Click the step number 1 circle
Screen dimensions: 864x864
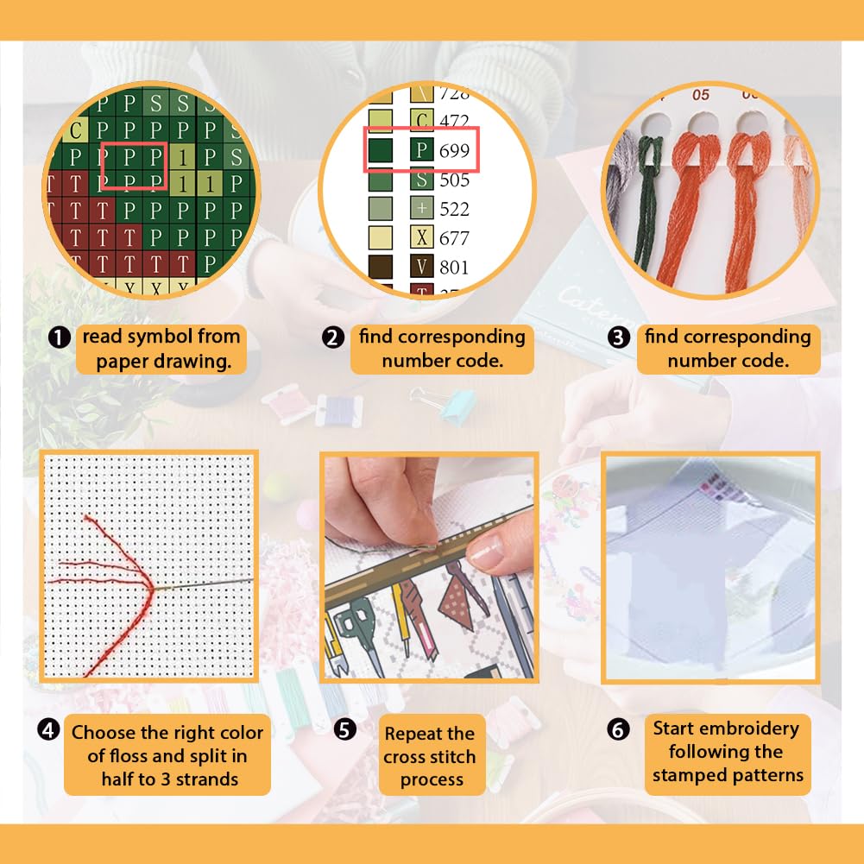60,337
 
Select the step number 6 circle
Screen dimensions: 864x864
618,730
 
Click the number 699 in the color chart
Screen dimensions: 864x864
454,150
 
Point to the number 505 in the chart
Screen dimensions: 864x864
454,180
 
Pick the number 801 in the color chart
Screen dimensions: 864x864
454,268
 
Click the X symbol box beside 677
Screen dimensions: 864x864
421,237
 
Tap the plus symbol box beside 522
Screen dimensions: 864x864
421,208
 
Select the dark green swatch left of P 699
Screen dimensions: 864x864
380,150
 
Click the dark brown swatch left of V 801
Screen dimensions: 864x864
380,267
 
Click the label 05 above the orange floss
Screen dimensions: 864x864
700,95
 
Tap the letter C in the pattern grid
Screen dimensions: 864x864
75,130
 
